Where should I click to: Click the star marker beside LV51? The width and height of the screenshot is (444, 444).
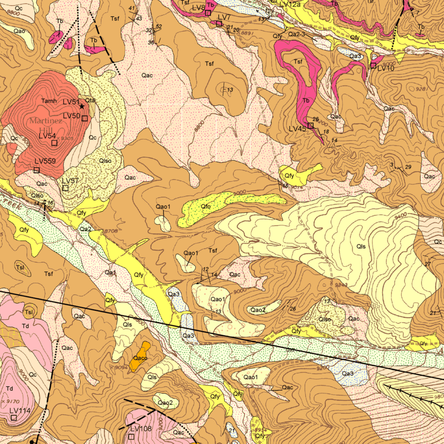pyautogui.click(x=82, y=106)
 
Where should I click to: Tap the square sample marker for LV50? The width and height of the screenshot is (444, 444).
pyautogui.click(x=85, y=118)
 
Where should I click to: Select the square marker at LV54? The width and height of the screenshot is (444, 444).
pyautogui.click(x=55, y=143)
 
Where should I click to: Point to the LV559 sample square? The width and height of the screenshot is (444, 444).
pyautogui.click(x=37, y=170)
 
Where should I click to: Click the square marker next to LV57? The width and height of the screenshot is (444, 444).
pyautogui.click(x=65, y=188)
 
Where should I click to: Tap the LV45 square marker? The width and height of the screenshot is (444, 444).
pyautogui.click(x=310, y=125)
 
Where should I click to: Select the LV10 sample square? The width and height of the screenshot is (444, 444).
pyautogui.click(x=373, y=66)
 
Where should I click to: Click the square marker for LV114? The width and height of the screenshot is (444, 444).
pyautogui.click(x=14, y=418)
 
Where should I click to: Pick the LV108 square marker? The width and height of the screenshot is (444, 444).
pyautogui.click(x=132, y=436)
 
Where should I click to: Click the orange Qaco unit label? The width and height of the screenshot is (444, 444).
pyautogui.click(x=140, y=358)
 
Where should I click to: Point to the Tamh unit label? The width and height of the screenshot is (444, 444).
pyautogui.click(x=49, y=101)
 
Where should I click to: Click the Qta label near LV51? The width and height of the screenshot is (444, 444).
pyautogui.click(x=90, y=100)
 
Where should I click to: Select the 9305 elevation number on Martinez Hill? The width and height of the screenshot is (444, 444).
pyautogui.click(x=67, y=138)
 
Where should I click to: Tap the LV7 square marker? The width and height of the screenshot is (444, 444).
pyautogui.click(x=219, y=24)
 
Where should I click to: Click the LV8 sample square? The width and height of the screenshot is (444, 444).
pyautogui.click(x=208, y=13)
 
